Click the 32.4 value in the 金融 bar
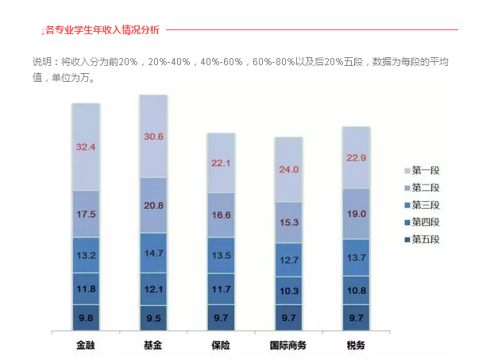tap(86, 147)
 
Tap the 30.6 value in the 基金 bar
tap(153, 137)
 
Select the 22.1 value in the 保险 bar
tap(221, 164)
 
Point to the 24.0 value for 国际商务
tap(288, 170)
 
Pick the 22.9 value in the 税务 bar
tap(356, 157)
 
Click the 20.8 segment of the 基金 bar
tap(153, 206)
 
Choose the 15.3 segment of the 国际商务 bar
tap(288, 222)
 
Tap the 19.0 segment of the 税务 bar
tap(356, 214)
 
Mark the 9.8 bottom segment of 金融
tap(86, 316)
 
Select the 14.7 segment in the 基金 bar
tap(153, 253)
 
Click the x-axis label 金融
tap(86, 345)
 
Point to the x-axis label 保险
tap(221, 345)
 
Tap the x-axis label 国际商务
tap(288, 345)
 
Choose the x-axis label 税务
tap(356, 345)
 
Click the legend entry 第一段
tap(422, 171)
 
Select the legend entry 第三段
tap(422, 205)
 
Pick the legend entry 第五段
tap(422, 239)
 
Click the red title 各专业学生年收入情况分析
tap(102, 30)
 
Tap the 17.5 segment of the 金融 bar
tap(86, 215)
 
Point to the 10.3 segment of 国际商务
tap(288, 292)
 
